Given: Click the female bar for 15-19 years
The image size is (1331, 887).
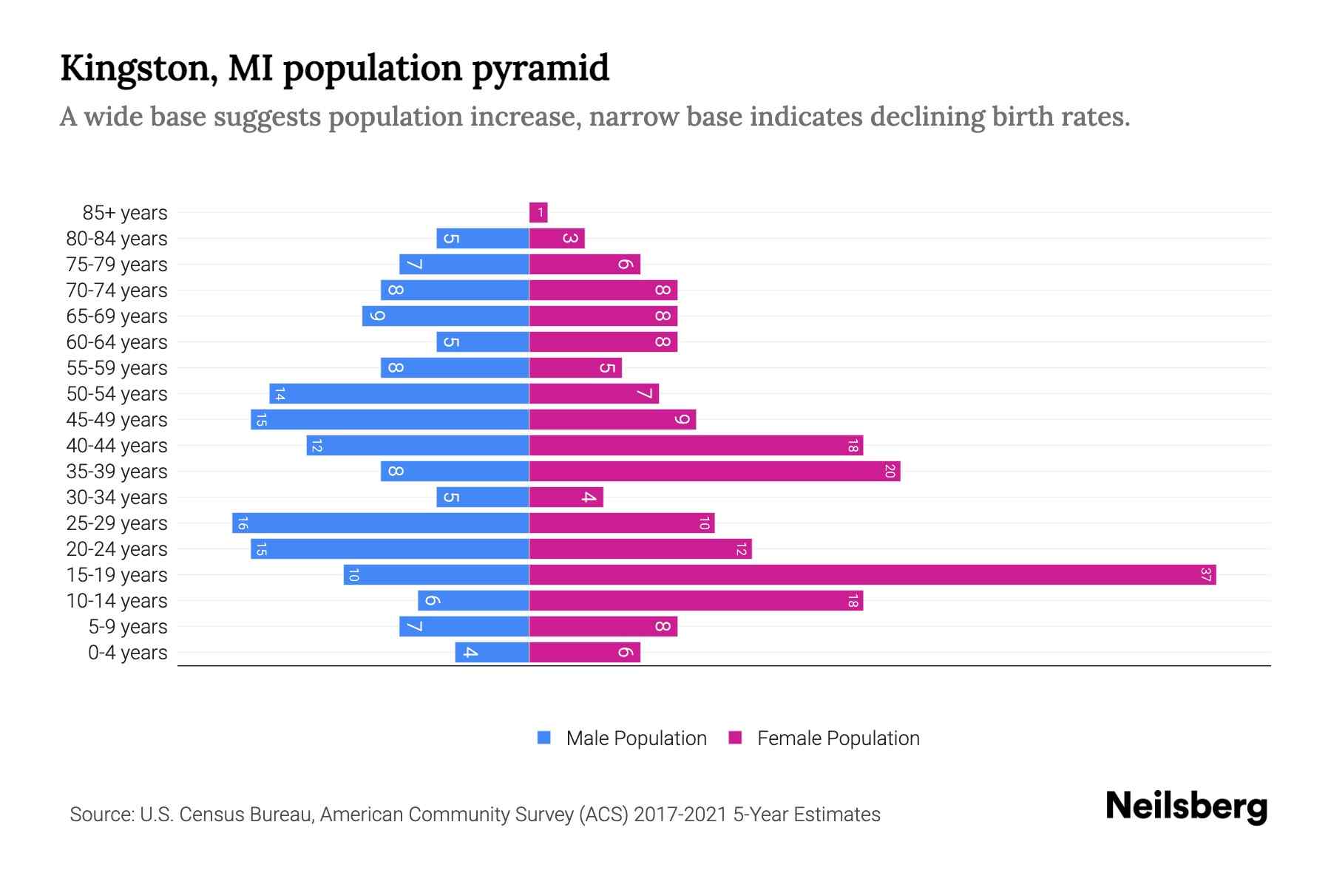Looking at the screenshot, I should pos(873,574).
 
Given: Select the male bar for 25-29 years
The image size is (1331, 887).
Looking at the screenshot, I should pos(381,523).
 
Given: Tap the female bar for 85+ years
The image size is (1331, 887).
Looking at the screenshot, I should pos(538,213).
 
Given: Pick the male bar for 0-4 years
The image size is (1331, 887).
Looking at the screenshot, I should pos(492,652).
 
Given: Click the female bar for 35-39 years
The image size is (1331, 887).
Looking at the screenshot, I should pos(714,471).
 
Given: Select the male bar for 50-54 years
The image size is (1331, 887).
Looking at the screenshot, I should pos(399,393).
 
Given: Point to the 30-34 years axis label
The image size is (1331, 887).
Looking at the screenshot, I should pos(117,497).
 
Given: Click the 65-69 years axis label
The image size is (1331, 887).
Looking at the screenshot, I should pos(117,316).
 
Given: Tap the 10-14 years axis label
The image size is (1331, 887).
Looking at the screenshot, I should pos(117,601).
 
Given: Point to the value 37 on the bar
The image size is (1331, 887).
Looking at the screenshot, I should pos(1205,574).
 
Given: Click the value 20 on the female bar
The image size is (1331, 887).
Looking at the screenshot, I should pos(890,471).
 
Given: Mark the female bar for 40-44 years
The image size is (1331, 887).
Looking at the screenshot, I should pos(696,445).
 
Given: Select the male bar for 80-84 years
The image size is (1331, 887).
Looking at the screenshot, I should pos(482,238).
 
